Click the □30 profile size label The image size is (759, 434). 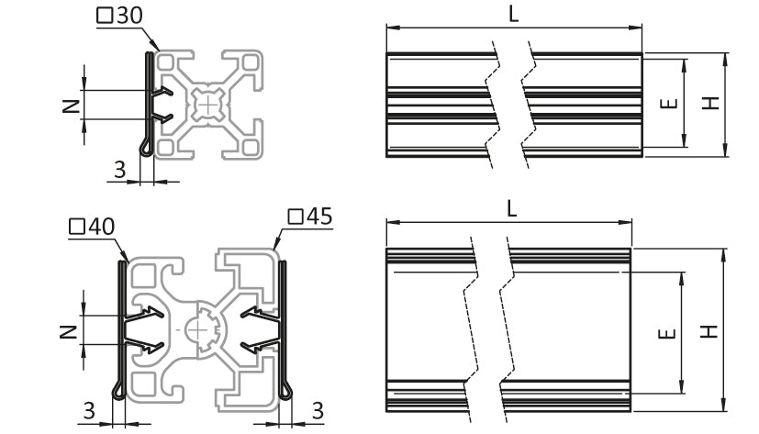pos(119,16)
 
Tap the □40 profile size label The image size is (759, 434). pos(92,227)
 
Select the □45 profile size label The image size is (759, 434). pos(310,217)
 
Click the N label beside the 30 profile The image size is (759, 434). pos(72,105)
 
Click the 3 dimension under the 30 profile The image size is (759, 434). pos(119,170)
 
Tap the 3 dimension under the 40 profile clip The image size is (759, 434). pos(89,411)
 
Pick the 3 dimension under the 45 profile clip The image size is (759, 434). pos(318,411)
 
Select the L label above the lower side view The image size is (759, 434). pos(511,208)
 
